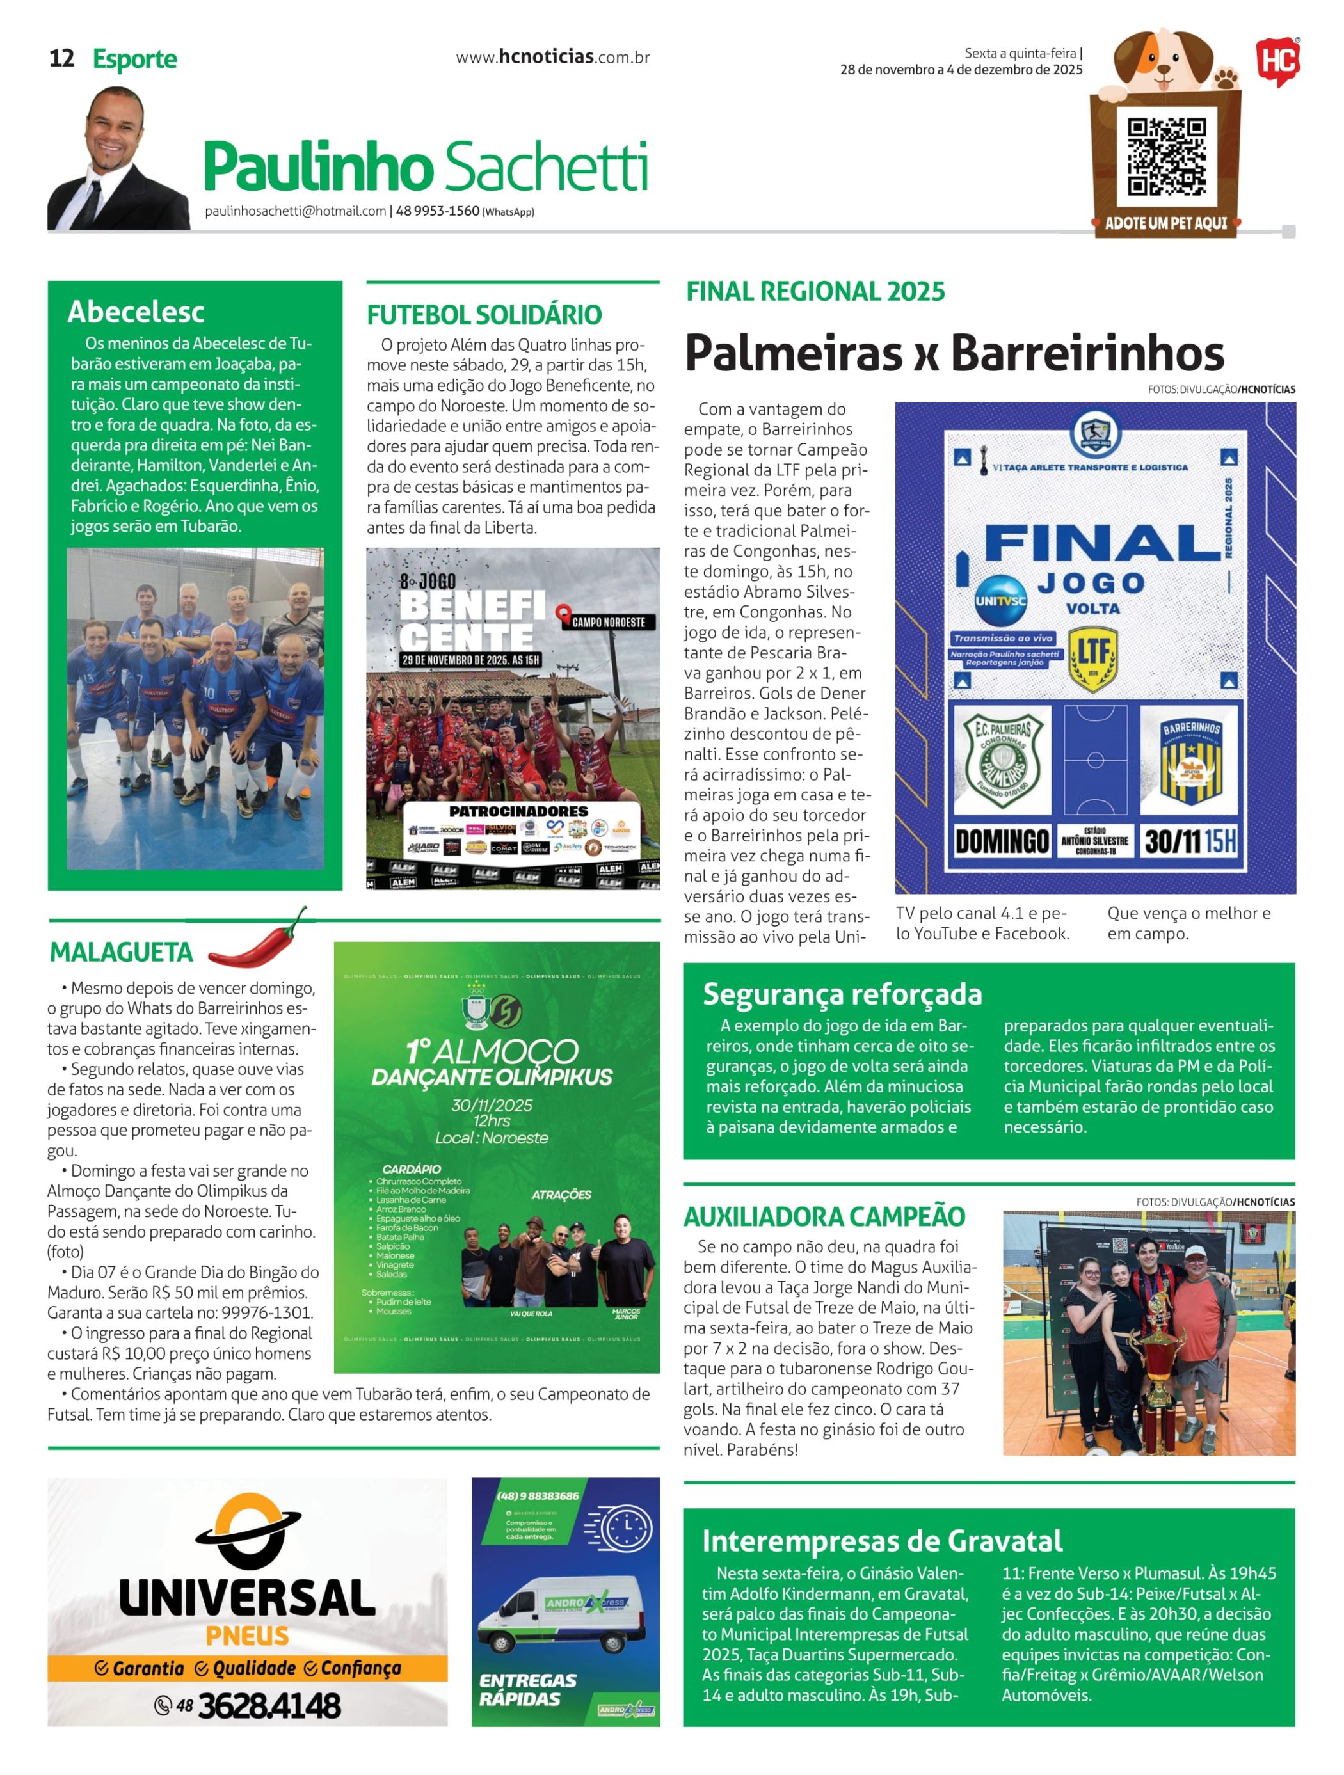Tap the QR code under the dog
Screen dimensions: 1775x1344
pos(1166,157)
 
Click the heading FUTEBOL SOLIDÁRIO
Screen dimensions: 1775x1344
pos(484,315)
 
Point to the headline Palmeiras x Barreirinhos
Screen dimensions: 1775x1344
pos(954,353)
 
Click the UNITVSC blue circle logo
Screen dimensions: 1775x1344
pos(999,601)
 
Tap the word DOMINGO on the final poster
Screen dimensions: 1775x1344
pos(1002,841)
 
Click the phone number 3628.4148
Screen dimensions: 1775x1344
pos(269,1706)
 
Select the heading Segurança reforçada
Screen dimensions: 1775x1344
pos(842,994)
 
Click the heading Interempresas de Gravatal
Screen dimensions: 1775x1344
pos(882,1541)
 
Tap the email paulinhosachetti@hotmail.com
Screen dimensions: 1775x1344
pos(295,212)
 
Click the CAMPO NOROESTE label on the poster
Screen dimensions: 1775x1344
pos(607,622)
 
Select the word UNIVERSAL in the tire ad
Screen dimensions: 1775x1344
pos(247,1598)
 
